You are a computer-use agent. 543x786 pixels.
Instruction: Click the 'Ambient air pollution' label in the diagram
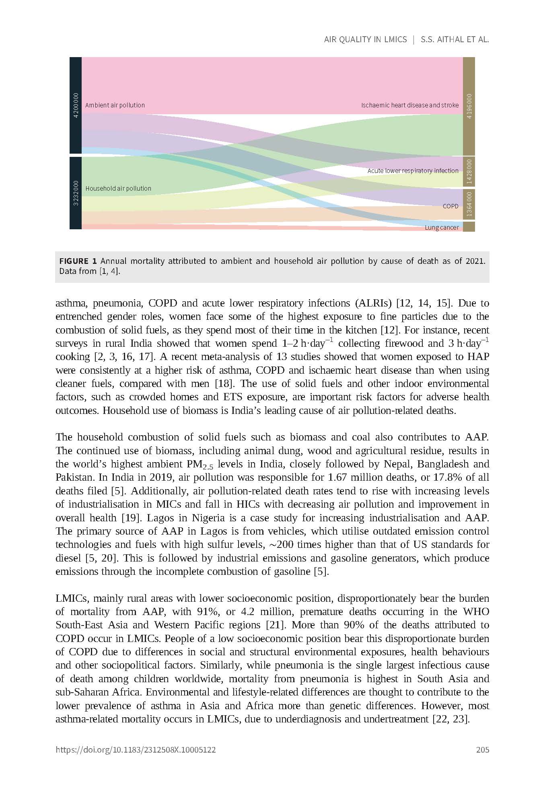coord(115,105)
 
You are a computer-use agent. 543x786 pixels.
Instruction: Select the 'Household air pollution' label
coord(118,189)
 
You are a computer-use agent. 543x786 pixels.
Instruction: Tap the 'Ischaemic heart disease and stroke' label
coord(409,105)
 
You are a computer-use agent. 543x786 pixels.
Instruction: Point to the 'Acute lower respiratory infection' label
coord(413,171)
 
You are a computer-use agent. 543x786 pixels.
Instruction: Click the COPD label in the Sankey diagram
coord(450,206)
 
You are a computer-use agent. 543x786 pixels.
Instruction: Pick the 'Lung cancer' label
coord(442,228)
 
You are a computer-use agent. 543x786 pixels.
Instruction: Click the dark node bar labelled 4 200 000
coord(76,105)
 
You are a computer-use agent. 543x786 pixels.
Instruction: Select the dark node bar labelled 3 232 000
coord(76,193)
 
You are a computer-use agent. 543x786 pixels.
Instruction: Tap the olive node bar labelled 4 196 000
coord(469,106)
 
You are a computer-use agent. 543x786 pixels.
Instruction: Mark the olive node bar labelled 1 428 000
coord(469,172)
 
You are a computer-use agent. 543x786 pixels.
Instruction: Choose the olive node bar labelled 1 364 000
coord(469,205)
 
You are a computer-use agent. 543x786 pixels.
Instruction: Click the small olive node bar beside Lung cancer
coord(469,227)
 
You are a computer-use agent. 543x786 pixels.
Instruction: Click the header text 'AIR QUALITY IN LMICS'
coord(365,39)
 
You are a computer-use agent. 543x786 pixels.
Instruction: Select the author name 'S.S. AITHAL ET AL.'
coord(455,39)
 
